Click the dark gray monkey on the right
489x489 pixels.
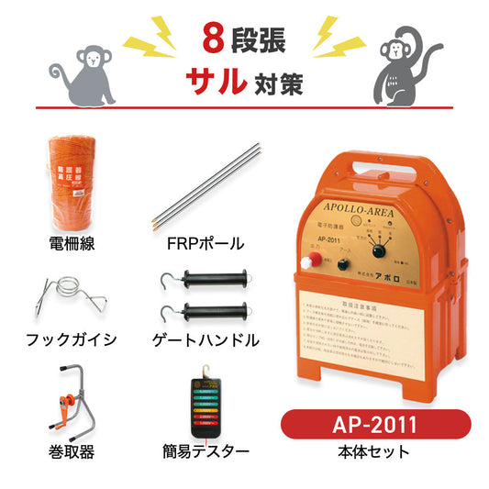point(403,65)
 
